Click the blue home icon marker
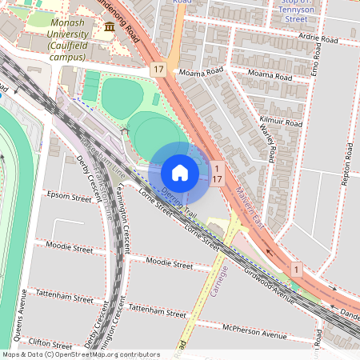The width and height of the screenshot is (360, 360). coord(180,173)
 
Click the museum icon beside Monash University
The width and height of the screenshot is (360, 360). coord(109,28)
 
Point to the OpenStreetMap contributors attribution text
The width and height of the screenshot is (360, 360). coord(80,354)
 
